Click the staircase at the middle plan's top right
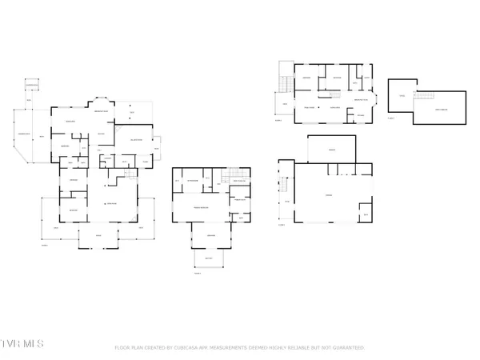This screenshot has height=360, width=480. [x=234, y=175]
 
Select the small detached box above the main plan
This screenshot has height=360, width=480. [x=32, y=85]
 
